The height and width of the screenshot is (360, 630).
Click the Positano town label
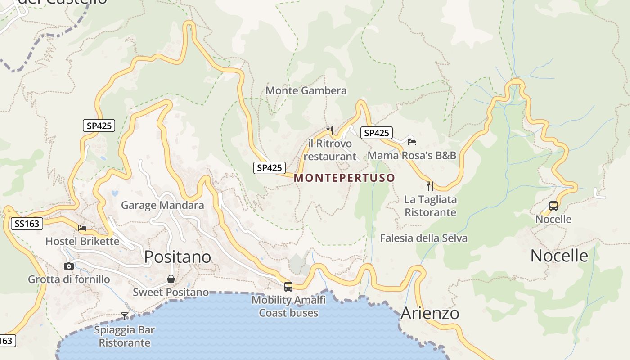pyautogui.click(x=177, y=256)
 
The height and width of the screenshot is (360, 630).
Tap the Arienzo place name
pyautogui.click(x=430, y=313)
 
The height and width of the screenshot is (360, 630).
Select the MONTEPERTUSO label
pyautogui.click(x=344, y=178)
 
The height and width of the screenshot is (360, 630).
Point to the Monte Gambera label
pyautogui.click(x=306, y=90)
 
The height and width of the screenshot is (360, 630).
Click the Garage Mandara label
pyautogui.click(x=162, y=205)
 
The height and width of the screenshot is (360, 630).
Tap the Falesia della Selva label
pyautogui.click(x=423, y=238)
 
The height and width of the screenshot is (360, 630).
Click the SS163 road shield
pyautogui.click(x=27, y=223)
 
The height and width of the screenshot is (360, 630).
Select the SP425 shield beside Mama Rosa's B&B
pyautogui.click(x=376, y=133)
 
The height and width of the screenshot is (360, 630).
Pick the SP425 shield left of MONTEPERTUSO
pyautogui.click(x=269, y=168)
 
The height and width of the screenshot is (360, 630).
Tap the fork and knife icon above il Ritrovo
pyautogui.click(x=330, y=130)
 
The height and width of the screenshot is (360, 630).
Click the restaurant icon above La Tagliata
pyautogui.click(x=430, y=186)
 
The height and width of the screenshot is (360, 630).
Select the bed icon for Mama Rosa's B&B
pyautogui.click(x=411, y=142)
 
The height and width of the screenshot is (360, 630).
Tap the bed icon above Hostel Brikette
pyautogui.click(x=82, y=228)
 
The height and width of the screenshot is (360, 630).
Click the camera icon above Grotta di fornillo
pyautogui.click(x=69, y=266)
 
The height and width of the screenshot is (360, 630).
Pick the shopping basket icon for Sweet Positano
pyautogui.click(x=171, y=279)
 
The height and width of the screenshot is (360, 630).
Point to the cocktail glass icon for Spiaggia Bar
pyautogui.click(x=125, y=316)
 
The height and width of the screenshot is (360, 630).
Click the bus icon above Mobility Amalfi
pyautogui.click(x=288, y=286)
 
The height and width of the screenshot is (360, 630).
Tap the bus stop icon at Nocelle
pyautogui.click(x=553, y=206)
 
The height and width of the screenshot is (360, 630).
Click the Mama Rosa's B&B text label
pyautogui.click(x=412, y=155)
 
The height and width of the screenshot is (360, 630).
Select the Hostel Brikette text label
pyautogui.click(x=82, y=241)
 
